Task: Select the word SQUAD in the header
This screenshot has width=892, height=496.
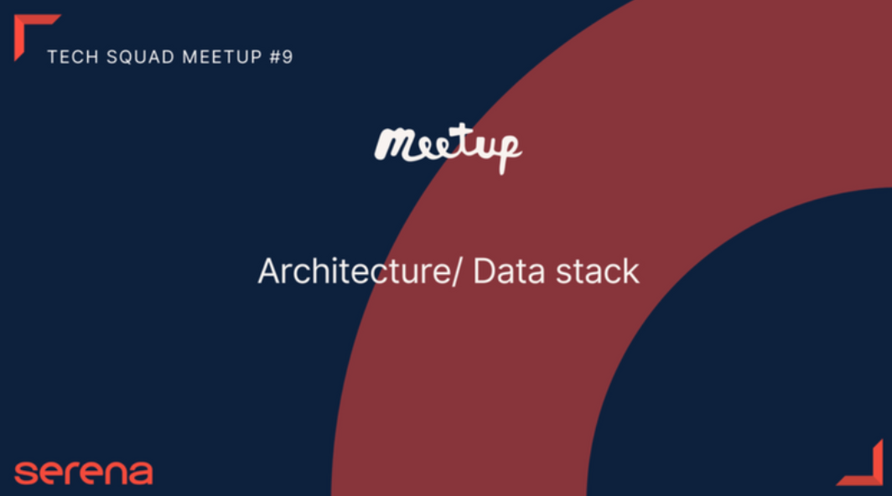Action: [140, 57]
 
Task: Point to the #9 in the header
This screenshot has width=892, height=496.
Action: [281, 57]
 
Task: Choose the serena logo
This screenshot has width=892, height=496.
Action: [84, 473]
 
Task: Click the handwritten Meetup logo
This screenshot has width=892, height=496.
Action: [448, 148]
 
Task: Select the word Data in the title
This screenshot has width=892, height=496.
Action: [509, 271]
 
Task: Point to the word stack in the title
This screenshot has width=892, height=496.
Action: [597, 271]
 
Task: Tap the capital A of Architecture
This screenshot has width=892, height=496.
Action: [271, 271]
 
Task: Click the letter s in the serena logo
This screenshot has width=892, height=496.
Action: [26, 473]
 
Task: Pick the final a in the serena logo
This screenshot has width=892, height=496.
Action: [141, 473]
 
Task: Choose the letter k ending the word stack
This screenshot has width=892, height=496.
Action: [631, 271]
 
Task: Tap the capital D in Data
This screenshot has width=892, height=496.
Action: [485, 271]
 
